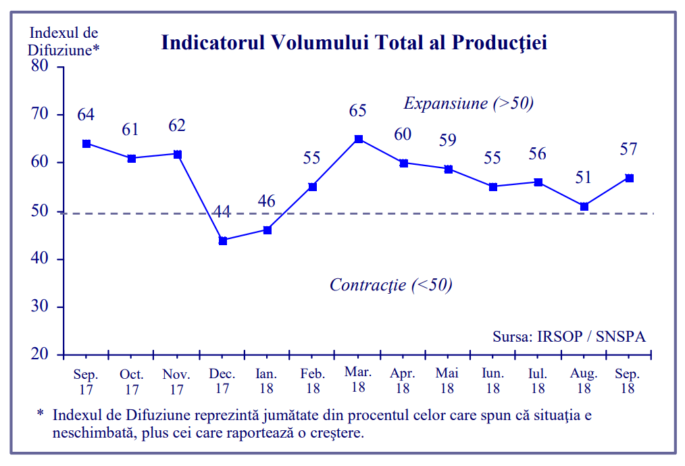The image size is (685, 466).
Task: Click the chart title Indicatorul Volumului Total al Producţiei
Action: (x=353, y=43)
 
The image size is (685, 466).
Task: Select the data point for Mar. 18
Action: (x=359, y=139)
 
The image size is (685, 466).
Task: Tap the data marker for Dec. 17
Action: (x=223, y=240)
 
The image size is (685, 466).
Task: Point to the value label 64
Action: (x=86, y=114)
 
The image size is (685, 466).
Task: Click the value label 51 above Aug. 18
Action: (x=583, y=178)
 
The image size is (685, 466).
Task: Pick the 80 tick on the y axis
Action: (x=41, y=66)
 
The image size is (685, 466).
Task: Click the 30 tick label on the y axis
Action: (x=41, y=307)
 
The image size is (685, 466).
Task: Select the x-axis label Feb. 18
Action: (x=313, y=381)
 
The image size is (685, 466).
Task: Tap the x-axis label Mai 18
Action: (x=447, y=381)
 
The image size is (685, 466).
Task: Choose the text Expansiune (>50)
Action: (x=469, y=103)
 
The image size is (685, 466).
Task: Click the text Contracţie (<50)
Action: (x=390, y=284)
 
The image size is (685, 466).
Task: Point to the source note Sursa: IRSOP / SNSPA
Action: (x=569, y=336)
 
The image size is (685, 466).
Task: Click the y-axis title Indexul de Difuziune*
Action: (x=64, y=41)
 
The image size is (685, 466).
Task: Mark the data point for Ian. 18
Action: (x=268, y=230)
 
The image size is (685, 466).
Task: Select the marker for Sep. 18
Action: (x=629, y=178)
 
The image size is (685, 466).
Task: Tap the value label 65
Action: (x=358, y=110)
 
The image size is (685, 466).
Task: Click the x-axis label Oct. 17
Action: (x=132, y=381)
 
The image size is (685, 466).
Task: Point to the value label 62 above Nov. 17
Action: (x=177, y=126)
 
